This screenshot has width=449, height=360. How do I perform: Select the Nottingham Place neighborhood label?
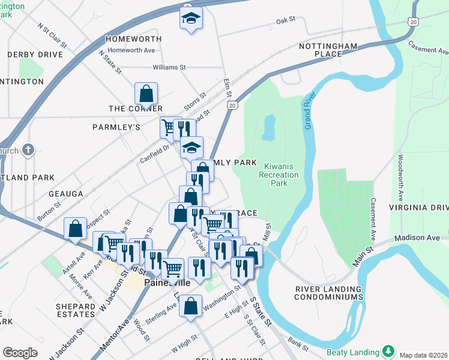(328, 50)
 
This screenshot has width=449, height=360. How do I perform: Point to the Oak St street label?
(286, 20)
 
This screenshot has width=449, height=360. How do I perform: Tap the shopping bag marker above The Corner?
(146, 94)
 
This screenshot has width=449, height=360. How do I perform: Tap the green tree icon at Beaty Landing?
(388, 350)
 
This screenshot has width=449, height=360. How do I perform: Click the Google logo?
(20, 352)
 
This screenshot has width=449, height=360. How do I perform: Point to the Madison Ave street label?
(417, 238)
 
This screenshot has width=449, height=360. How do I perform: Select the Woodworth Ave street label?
(400, 179)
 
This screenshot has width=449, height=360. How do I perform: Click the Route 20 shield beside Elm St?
(232, 105)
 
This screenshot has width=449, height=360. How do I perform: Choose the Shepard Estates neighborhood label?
(75, 310)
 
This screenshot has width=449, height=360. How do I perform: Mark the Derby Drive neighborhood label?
(35, 55)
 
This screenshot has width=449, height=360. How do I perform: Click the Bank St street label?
(297, 344)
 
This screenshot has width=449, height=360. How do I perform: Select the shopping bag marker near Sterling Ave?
(190, 306)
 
